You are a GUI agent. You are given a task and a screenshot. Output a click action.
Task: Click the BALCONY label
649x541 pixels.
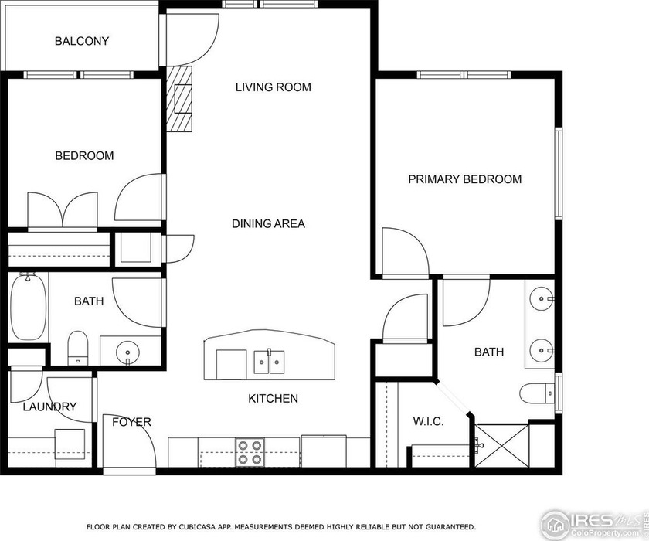[81, 41]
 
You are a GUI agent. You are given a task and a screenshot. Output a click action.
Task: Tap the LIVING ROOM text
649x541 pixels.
[273, 87]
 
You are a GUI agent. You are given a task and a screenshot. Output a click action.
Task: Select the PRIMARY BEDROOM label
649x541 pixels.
[464, 179]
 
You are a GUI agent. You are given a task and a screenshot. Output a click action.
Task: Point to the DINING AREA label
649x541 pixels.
[268, 224]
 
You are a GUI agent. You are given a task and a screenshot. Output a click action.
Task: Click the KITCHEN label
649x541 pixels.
[273, 399]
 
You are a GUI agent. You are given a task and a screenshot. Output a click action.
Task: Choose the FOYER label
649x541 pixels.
[131, 422]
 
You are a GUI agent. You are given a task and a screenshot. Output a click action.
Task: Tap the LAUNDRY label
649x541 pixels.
[49, 407]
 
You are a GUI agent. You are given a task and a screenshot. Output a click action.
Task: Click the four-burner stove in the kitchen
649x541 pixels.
[250, 452]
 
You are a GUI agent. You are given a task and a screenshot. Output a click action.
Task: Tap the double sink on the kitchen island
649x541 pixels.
[269, 361]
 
